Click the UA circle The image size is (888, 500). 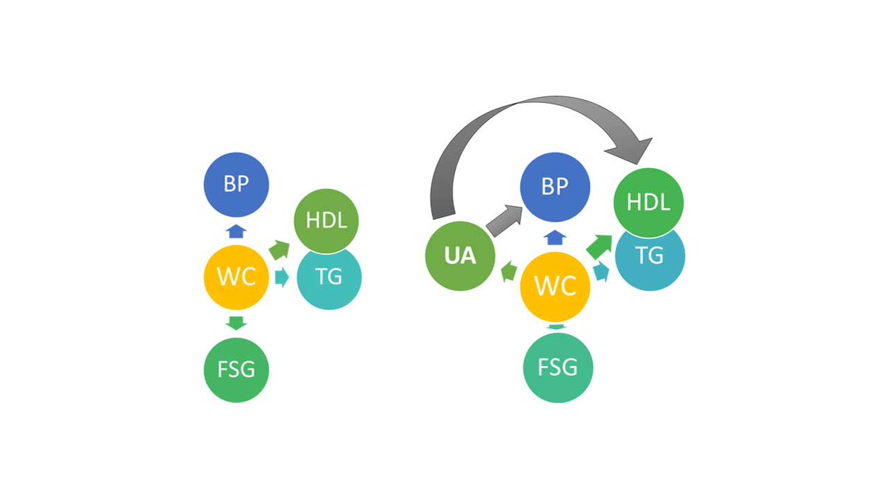click(460, 256)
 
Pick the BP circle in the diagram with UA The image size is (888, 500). click(555, 187)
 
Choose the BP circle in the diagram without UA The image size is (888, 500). click(236, 184)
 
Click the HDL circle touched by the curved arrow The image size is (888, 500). click(649, 201)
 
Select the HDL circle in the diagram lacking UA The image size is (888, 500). click(326, 220)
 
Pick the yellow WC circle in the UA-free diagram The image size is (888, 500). click(236, 277)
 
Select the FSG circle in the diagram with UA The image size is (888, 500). click(558, 367)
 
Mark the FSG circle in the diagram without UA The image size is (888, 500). click(236, 369)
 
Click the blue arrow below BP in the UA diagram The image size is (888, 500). click(556, 237)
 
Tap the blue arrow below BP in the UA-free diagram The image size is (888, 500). click(236, 230)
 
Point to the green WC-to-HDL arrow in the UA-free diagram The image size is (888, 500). click(279, 250)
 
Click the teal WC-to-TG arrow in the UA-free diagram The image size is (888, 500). click(281, 277)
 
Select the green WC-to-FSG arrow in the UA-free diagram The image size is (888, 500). click(236, 323)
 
